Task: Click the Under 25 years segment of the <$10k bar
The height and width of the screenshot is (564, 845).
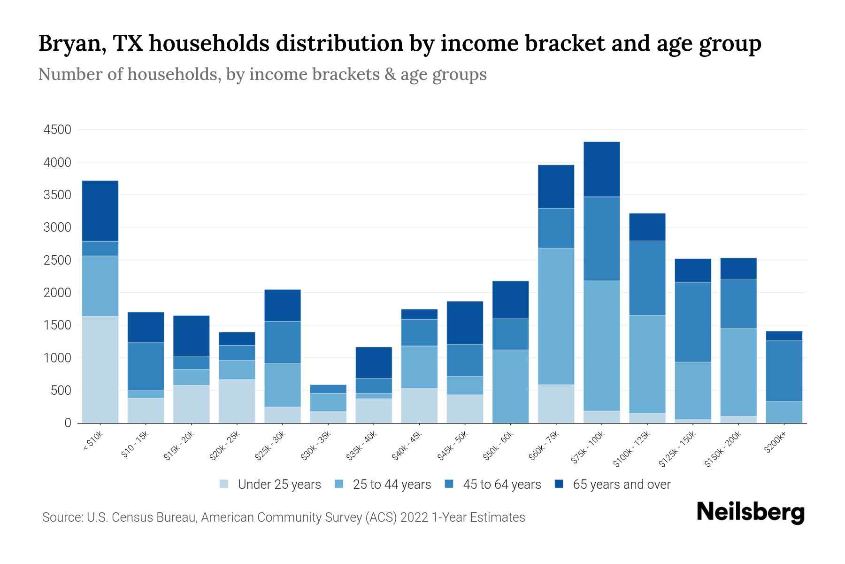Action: (100, 369)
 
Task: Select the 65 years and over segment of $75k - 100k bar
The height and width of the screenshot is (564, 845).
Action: (601, 169)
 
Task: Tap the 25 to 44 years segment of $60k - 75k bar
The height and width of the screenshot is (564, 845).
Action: (556, 316)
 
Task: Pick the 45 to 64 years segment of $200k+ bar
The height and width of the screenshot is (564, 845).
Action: (784, 371)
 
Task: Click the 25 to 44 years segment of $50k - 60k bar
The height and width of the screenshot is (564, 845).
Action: (510, 386)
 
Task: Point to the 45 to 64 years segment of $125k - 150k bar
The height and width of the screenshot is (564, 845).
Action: (692, 322)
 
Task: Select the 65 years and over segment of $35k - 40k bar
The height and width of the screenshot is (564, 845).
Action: (374, 362)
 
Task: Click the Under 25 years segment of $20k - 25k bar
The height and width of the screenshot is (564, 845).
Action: (237, 401)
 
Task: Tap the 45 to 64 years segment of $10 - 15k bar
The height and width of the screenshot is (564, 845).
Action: (146, 367)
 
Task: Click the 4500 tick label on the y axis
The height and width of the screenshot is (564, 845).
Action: (57, 130)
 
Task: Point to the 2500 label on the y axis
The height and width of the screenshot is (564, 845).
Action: (57, 260)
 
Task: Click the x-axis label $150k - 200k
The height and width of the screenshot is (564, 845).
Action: (723, 449)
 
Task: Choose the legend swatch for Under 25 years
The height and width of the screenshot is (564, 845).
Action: (224, 484)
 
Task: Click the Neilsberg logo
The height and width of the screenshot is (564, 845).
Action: (750, 512)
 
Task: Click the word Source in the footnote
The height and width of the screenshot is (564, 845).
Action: (61, 517)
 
